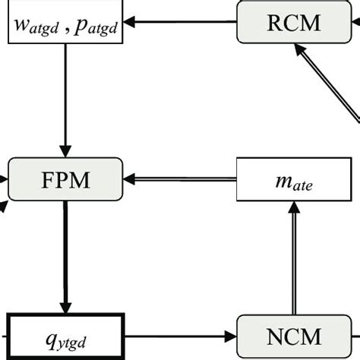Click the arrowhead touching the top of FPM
(x=65, y=152)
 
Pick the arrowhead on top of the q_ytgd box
(x=65, y=305)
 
